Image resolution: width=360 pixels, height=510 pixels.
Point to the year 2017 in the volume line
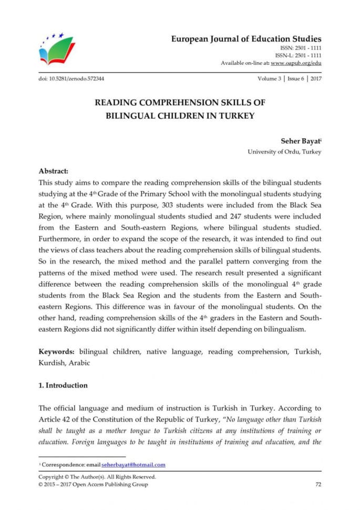(x=316, y=79)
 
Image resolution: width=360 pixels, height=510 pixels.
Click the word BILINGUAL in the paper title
(x=130, y=116)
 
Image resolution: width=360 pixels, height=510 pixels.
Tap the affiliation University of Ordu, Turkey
(x=284, y=151)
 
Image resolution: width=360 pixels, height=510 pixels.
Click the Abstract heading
(x=54, y=171)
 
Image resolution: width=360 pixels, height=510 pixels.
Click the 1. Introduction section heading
(x=63, y=385)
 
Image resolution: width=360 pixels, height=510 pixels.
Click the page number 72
(x=317, y=484)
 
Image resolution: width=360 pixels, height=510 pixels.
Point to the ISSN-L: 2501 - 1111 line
(x=298, y=55)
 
